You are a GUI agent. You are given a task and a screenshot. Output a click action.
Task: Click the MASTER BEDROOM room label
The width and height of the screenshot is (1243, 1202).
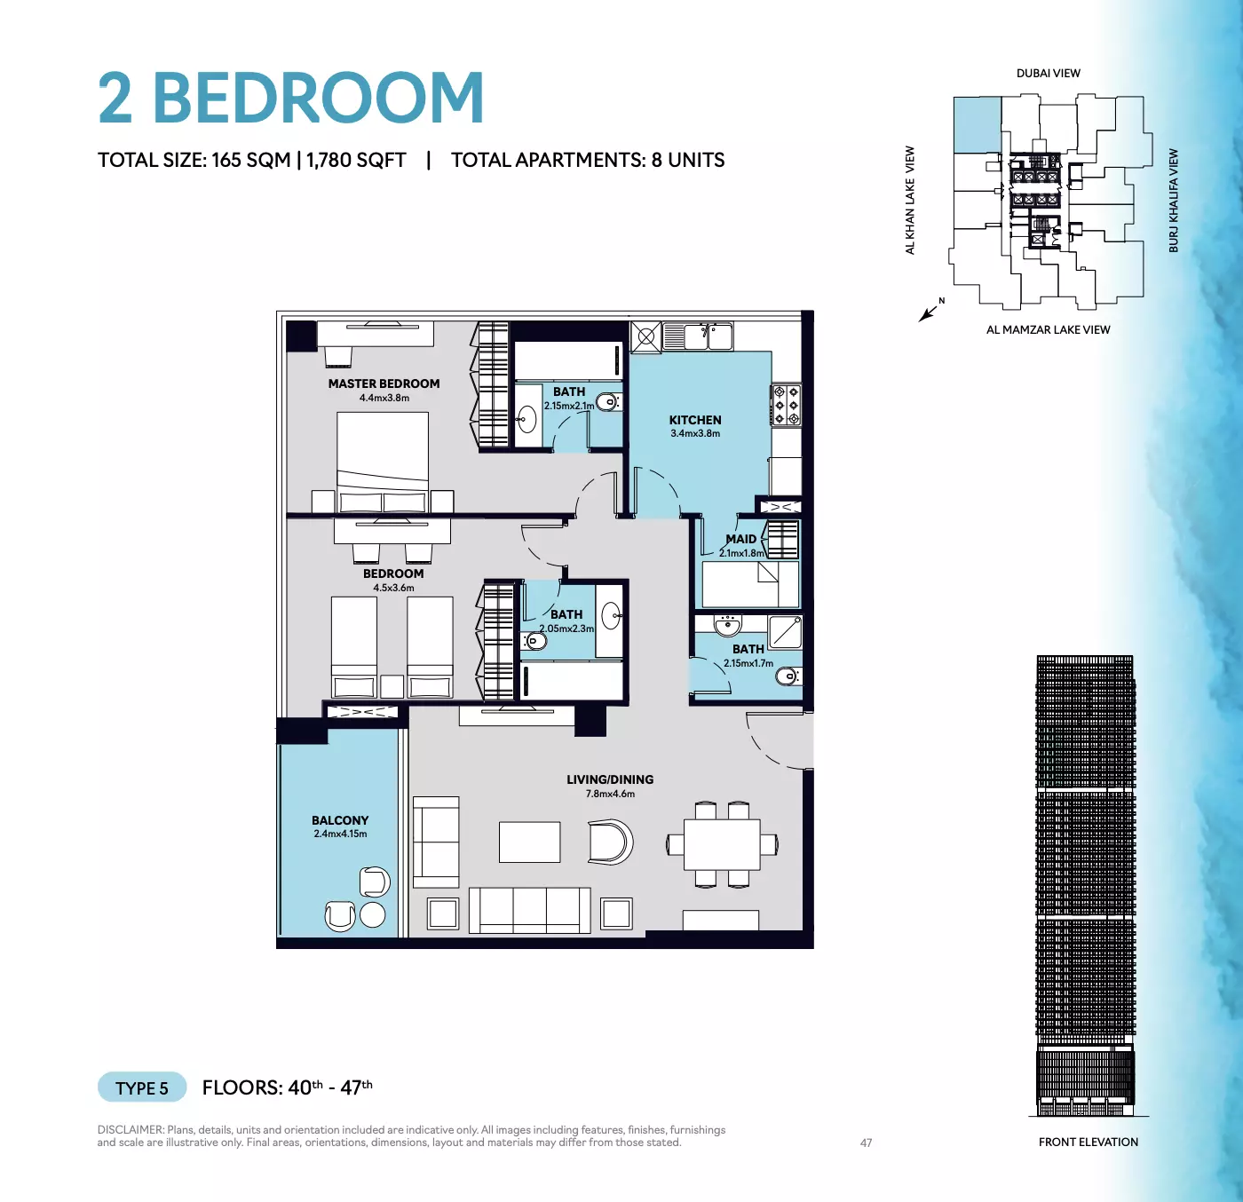point(384,384)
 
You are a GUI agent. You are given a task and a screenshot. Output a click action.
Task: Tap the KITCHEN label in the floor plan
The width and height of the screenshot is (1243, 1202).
point(695,420)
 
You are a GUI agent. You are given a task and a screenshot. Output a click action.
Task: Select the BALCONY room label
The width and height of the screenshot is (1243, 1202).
point(340,820)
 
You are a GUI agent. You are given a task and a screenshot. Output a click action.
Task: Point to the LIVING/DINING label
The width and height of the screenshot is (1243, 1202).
point(610,779)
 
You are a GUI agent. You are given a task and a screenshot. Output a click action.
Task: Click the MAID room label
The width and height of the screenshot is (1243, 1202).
point(741,539)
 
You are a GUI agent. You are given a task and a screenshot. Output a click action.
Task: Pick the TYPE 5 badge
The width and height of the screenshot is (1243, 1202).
point(142,1087)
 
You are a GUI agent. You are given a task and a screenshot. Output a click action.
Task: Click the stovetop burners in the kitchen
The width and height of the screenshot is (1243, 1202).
point(787,405)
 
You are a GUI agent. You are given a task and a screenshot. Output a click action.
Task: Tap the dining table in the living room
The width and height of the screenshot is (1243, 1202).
point(722,844)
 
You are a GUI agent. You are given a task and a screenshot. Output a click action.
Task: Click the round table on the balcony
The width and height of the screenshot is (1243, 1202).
point(372,914)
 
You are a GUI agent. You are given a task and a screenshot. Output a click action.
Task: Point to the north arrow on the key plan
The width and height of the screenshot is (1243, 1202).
point(928,313)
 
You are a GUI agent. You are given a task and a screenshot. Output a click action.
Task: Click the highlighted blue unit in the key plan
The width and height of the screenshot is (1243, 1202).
point(978,125)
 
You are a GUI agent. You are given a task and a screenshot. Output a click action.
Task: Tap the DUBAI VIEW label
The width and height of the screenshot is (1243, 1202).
point(1049,74)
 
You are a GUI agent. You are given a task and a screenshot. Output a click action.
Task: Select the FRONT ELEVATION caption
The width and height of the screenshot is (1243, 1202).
point(1089,1142)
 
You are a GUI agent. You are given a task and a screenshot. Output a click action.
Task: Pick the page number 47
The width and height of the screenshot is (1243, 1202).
point(867,1143)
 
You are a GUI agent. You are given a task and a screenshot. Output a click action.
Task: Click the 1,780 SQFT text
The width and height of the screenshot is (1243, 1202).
point(356,160)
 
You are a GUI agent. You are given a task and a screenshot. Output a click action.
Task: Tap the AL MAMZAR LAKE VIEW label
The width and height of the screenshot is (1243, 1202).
point(1049,329)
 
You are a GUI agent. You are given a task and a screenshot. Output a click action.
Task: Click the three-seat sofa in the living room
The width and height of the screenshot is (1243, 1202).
point(529,910)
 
